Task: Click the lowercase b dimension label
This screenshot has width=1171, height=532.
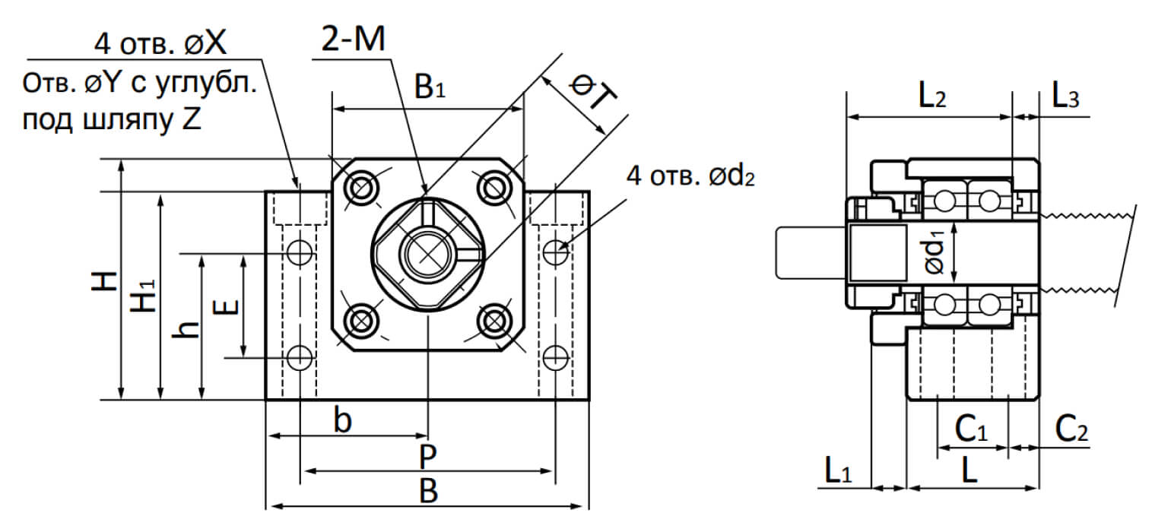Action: pyautogui.click(x=344, y=421)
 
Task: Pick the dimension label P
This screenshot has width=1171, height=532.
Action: pyautogui.click(x=428, y=458)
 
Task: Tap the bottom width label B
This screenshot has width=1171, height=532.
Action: pyautogui.click(x=429, y=492)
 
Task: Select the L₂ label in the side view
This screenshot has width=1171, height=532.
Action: pyautogui.click(x=932, y=97)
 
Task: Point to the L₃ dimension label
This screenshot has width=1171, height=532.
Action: pyautogui.click(x=1065, y=97)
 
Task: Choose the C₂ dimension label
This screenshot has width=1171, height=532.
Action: pyautogui.click(x=1071, y=431)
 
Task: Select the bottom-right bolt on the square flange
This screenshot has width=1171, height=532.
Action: pyautogui.click(x=496, y=321)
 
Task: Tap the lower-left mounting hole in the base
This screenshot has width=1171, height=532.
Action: pyautogui.click(x=300, y=356)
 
